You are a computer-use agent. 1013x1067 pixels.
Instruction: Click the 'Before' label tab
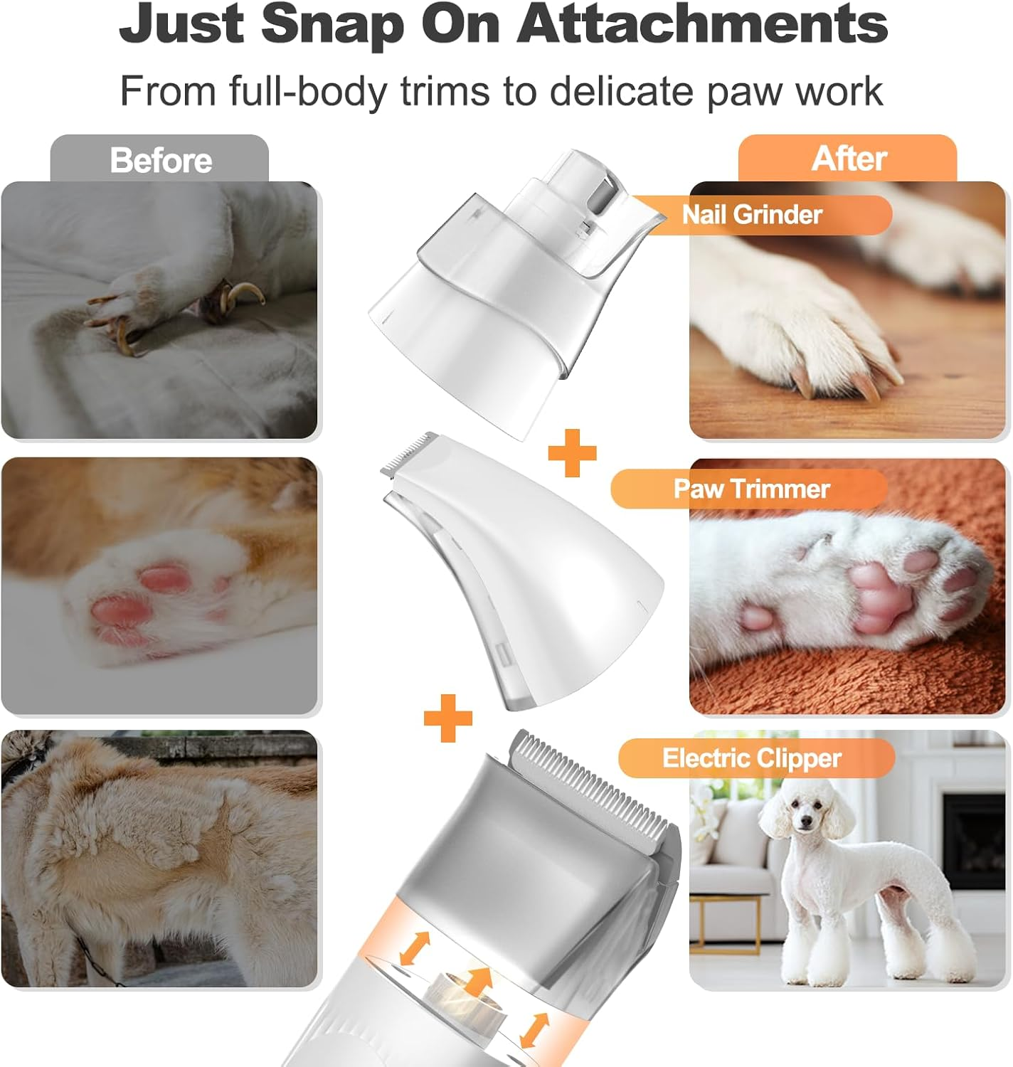[x=160, y=160]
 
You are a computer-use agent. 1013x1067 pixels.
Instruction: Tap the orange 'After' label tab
[x=848, y=158]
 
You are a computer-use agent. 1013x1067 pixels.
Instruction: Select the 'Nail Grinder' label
[x=752, y=214]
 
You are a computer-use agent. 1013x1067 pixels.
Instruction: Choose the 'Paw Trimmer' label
[x=751, y=489]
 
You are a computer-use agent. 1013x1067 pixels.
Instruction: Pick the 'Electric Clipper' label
[x=752, y=758]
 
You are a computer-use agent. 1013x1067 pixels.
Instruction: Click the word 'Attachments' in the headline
[x=702, y=25]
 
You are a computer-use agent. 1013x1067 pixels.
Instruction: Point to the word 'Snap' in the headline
[x=333, y=25]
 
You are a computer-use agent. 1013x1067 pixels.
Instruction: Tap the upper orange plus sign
[x=572, y=452]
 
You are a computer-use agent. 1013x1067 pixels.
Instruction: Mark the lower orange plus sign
[x=448, y=717]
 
